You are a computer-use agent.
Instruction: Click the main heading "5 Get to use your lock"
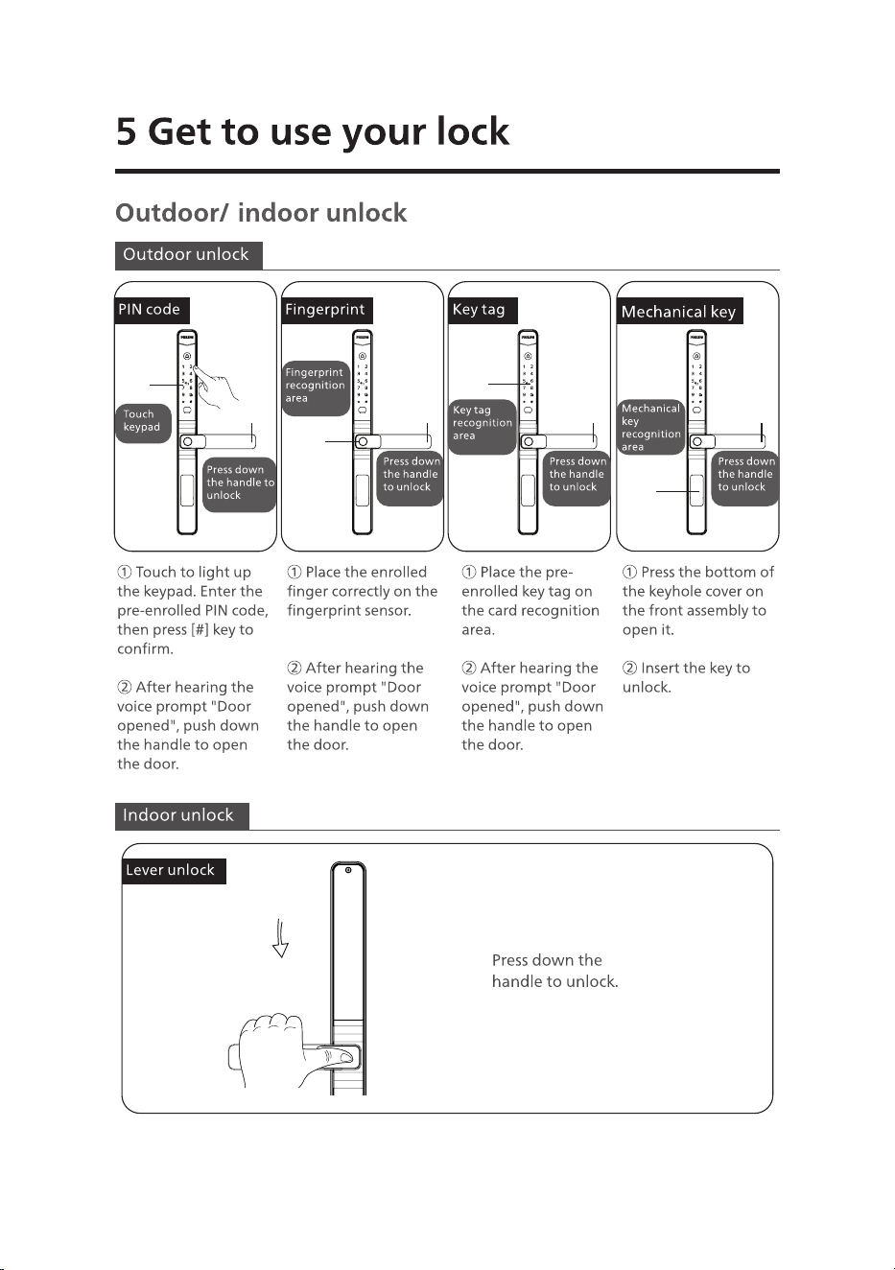tap(313, 132)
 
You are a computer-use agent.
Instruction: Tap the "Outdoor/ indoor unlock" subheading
tap(261, 213)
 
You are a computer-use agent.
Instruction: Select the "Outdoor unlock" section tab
tap(188, 255)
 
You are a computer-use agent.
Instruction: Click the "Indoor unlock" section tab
tap(182, 816)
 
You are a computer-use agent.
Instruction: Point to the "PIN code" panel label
tap(152, 310)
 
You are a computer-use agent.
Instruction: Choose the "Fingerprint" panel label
tap(327, 310)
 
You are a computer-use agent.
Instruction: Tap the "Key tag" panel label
tap(483, 310)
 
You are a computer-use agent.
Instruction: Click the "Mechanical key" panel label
tap(679, 311)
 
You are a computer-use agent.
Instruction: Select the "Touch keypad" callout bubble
tap(143, 423)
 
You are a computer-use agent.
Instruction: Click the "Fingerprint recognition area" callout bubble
tap(316, 388)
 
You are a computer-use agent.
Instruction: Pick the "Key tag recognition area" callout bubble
tap(483, 426)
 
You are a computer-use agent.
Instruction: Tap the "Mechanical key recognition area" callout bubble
tap(650, 426)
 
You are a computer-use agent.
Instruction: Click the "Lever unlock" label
tap(174, 870)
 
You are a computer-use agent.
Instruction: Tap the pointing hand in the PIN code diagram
tap(216, 385)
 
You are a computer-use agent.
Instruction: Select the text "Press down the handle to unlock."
tap(554, 970)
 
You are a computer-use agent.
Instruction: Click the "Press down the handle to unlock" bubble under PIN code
tap(240, 484)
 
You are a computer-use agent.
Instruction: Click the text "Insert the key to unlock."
tap(686, 677)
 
